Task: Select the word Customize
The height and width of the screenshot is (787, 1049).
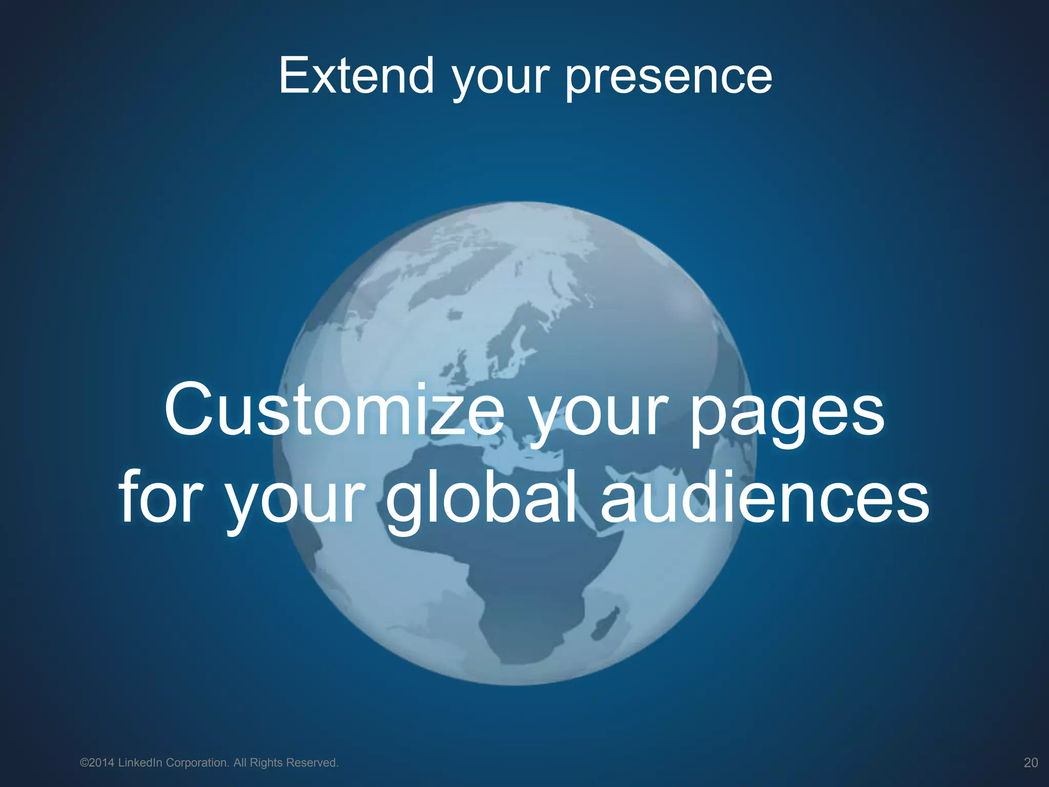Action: pos(334,411)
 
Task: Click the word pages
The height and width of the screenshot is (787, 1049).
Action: pos(787,413)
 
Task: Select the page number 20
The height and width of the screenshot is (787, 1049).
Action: pos(1031,763)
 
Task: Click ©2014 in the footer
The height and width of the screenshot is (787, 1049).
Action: pos(97,763)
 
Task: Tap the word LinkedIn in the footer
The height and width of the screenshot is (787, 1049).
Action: pos(140,763)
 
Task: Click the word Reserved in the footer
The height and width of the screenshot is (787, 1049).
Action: pos(312,763)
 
